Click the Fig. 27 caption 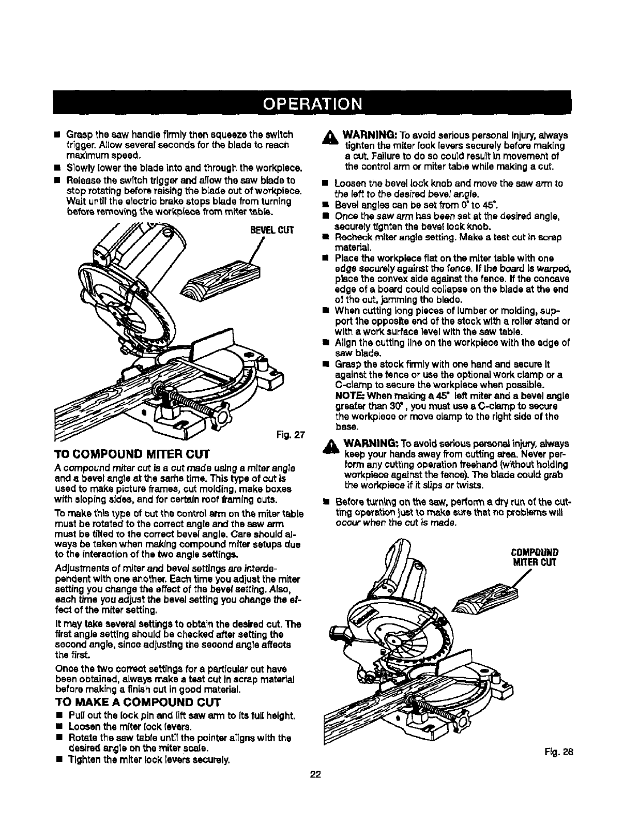[293, 434]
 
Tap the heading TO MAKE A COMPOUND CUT [138, 702]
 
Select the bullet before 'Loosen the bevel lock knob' [324, 184]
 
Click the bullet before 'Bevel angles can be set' [324, 204]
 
